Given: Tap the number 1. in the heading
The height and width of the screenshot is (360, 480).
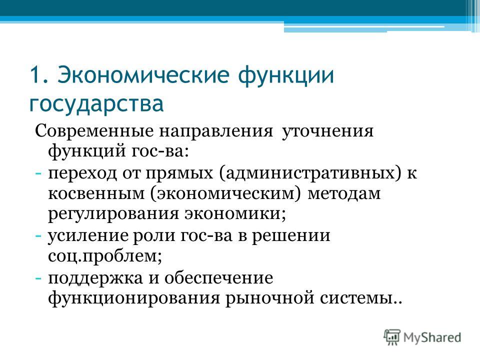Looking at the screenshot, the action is point(39,74).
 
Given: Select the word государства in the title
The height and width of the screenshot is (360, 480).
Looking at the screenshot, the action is point(96,104).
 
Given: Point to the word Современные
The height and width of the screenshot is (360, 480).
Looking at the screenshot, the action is point(94,131).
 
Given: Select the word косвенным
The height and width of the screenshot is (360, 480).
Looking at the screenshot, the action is point(96,194).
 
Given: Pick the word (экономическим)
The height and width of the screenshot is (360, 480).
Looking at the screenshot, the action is point(226,194).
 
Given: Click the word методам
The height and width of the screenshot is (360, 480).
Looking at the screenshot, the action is point(344,194).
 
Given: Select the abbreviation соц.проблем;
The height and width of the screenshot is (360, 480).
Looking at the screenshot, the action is point(105,256).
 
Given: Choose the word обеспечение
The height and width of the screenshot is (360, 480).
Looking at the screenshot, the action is point(218,278).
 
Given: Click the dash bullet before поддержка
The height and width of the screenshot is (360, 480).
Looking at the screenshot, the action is point(38,278).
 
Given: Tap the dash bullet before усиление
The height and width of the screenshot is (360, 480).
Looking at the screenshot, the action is point(38,236).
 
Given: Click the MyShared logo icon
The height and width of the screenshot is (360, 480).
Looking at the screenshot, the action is point(392,337).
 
